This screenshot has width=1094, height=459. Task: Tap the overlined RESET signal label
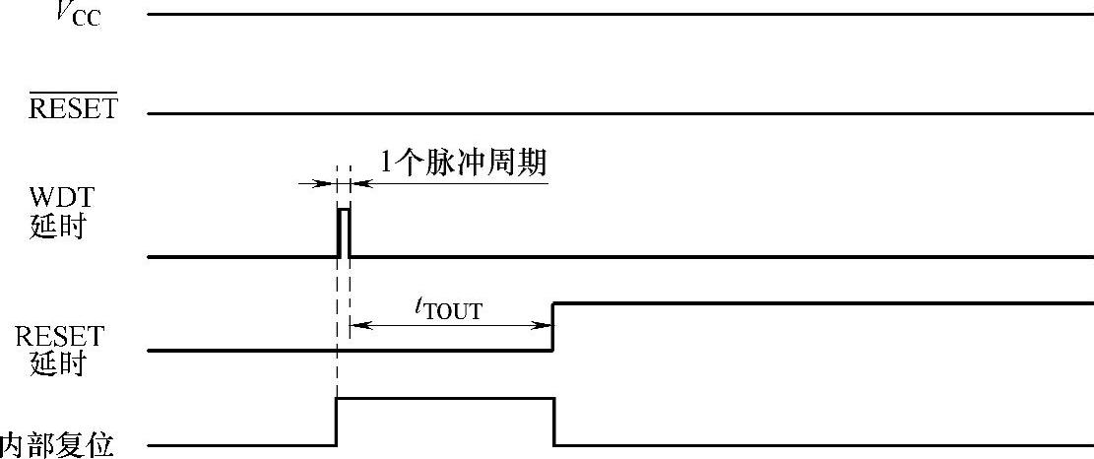tap(73, 107)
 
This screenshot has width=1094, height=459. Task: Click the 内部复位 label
tap(57, 445)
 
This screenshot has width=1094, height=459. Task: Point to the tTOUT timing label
tap(448, 308)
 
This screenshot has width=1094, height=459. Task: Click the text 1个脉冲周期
tap(463, 164)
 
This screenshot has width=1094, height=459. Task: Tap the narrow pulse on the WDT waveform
tap(343, 232)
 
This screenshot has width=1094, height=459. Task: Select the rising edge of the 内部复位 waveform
tap(337, 422)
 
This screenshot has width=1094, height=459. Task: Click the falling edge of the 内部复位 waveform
tap(554, 422)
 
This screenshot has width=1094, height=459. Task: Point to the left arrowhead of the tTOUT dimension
tap(356, 324)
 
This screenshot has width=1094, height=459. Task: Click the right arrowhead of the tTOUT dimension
tap(544, 324)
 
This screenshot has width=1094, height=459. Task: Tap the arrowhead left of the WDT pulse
tap(328, 183)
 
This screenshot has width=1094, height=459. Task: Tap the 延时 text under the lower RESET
tap(58, 364)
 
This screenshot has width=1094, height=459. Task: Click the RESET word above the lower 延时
tap(59, 337)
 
